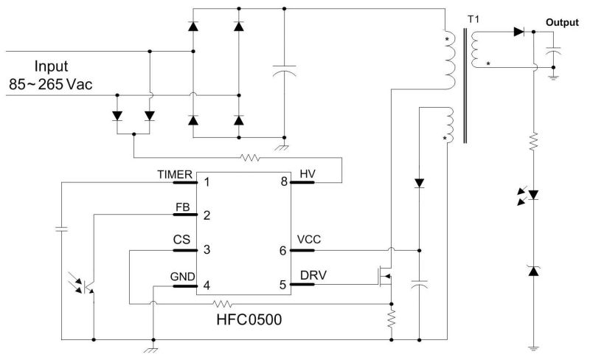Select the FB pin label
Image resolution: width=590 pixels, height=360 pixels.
pos(184,207)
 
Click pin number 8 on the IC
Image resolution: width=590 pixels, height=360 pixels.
pos(283,181)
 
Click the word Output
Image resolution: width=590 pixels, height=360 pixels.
pos(561,23)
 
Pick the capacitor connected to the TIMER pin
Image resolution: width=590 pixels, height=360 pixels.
pos(60,229)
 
